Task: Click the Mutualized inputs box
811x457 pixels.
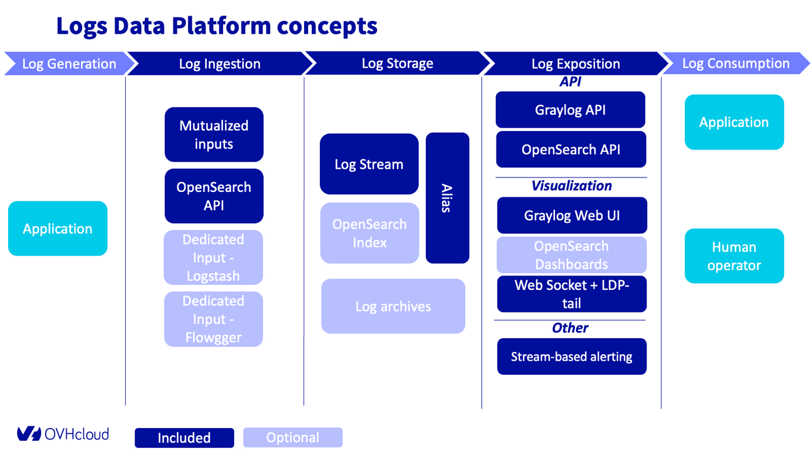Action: pos(214,135)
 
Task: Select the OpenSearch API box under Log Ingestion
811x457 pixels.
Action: pos(214,196)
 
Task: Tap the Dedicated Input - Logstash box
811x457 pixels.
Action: pos(213,257)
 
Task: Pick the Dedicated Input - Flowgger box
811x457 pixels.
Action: pos(213,319)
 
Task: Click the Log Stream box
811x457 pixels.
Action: pos(369,164)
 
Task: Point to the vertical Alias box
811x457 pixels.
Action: pos(447,198)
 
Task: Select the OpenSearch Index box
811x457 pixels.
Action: pos(370,233)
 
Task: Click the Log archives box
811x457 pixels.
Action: pos(393,306)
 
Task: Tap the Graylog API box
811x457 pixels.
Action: pos(570,110)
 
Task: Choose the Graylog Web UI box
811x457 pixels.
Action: pos(572,215)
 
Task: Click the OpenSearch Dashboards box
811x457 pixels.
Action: pos(571,255)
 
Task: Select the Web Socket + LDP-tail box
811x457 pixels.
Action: pos(572,294)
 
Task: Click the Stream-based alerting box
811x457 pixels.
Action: pos(572,356)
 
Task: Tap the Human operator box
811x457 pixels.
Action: pos(734,256)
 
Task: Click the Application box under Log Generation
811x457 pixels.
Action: pos(57,228)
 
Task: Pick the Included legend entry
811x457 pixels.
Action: pos(184,438)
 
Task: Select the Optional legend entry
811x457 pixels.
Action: pos(293,437)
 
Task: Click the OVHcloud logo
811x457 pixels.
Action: pos(63,434)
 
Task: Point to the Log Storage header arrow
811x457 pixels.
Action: pos(397,64)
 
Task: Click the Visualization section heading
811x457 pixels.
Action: pos(571,186)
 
